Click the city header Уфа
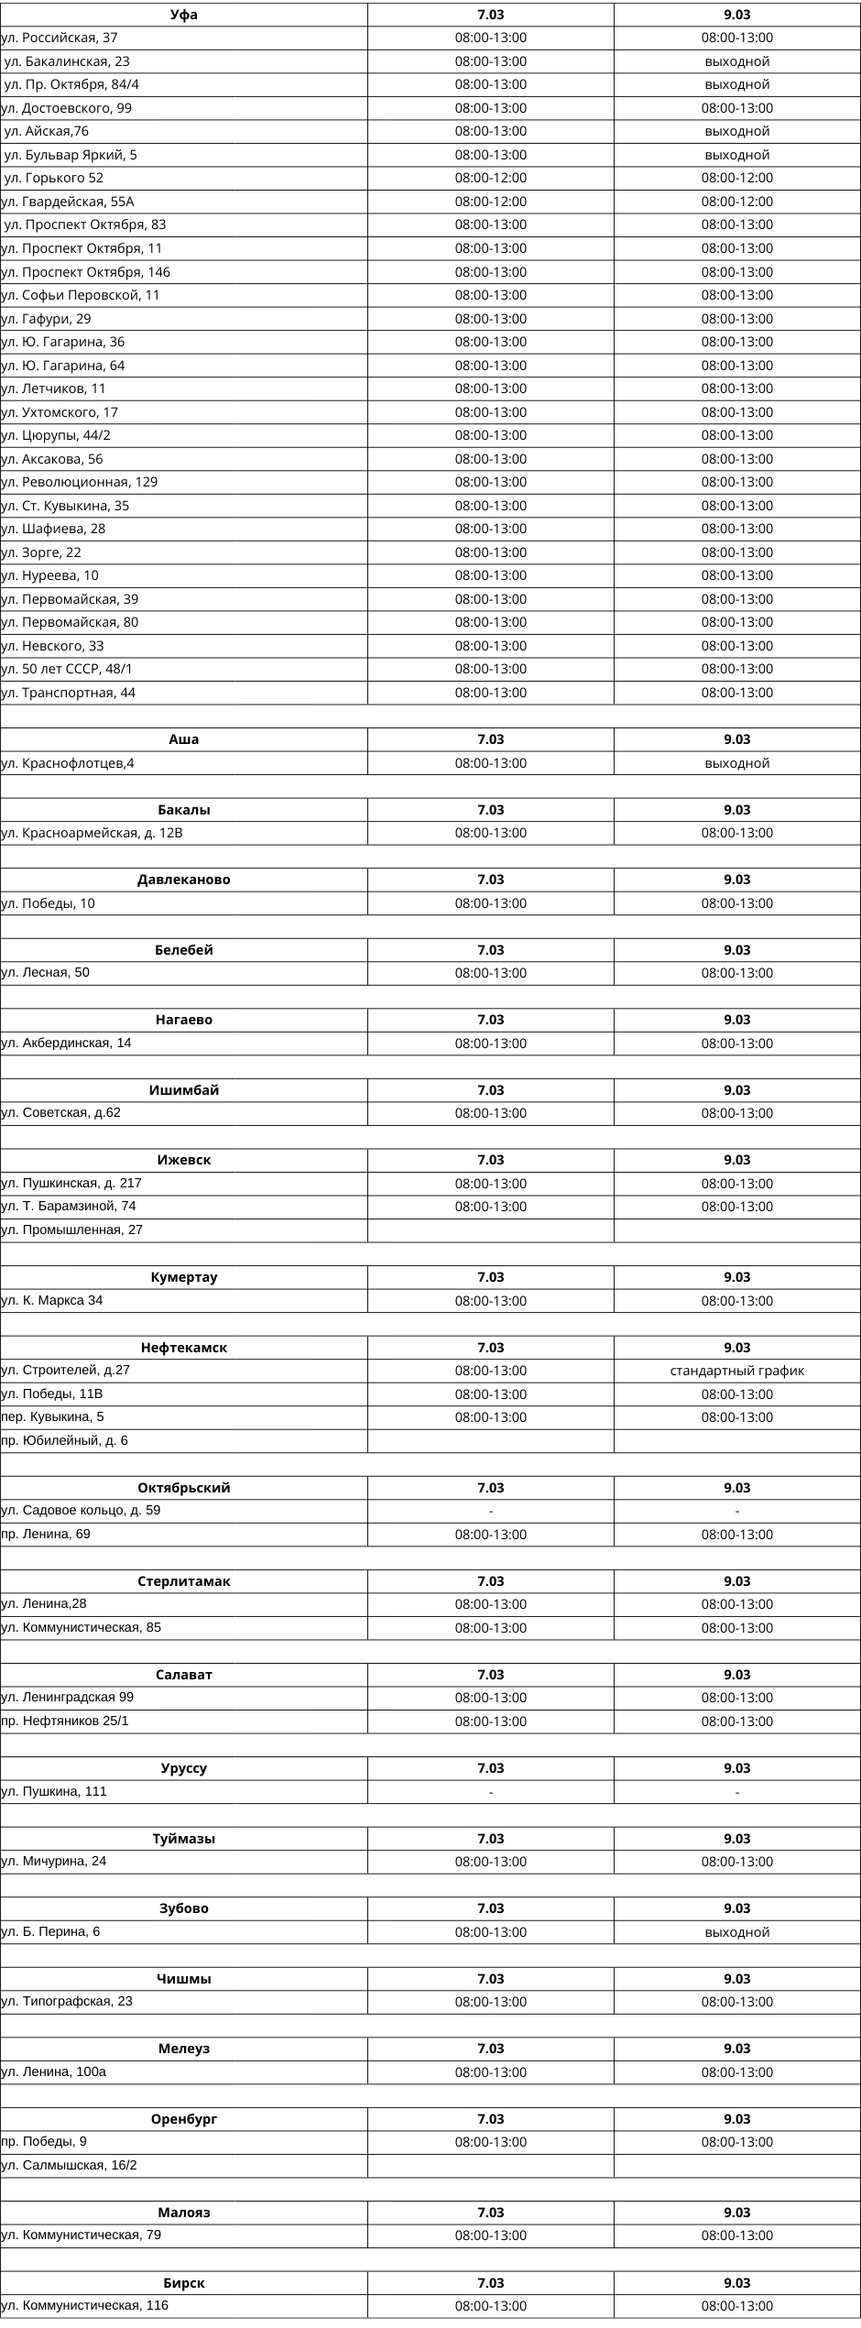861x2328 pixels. [184, 15]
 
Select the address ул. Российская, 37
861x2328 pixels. [60, 38]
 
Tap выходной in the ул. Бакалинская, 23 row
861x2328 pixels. [736, 61]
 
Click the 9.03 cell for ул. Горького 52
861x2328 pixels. [736, 178]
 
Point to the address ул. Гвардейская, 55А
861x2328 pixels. [69, 202]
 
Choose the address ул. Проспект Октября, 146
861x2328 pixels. [86, 272]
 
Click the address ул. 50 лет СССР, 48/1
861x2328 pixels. [68, 669]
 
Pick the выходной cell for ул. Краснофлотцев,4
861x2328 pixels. [736, 763]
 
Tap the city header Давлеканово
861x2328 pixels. [184, 880]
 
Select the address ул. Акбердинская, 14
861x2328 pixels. [67, 1043]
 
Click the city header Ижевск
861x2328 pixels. [184, 1160]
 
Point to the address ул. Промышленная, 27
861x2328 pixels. [72, 1230]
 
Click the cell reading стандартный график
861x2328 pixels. [736, 1371]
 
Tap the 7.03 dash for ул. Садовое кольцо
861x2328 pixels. [491, 1511]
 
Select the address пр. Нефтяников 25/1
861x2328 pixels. [65, 1721]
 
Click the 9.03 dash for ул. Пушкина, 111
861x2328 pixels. [736, 1791]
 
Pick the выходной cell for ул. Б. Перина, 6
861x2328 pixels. [736, 1932]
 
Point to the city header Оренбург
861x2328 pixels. [184, 2119]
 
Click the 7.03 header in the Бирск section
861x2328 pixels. [491, 2283]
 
